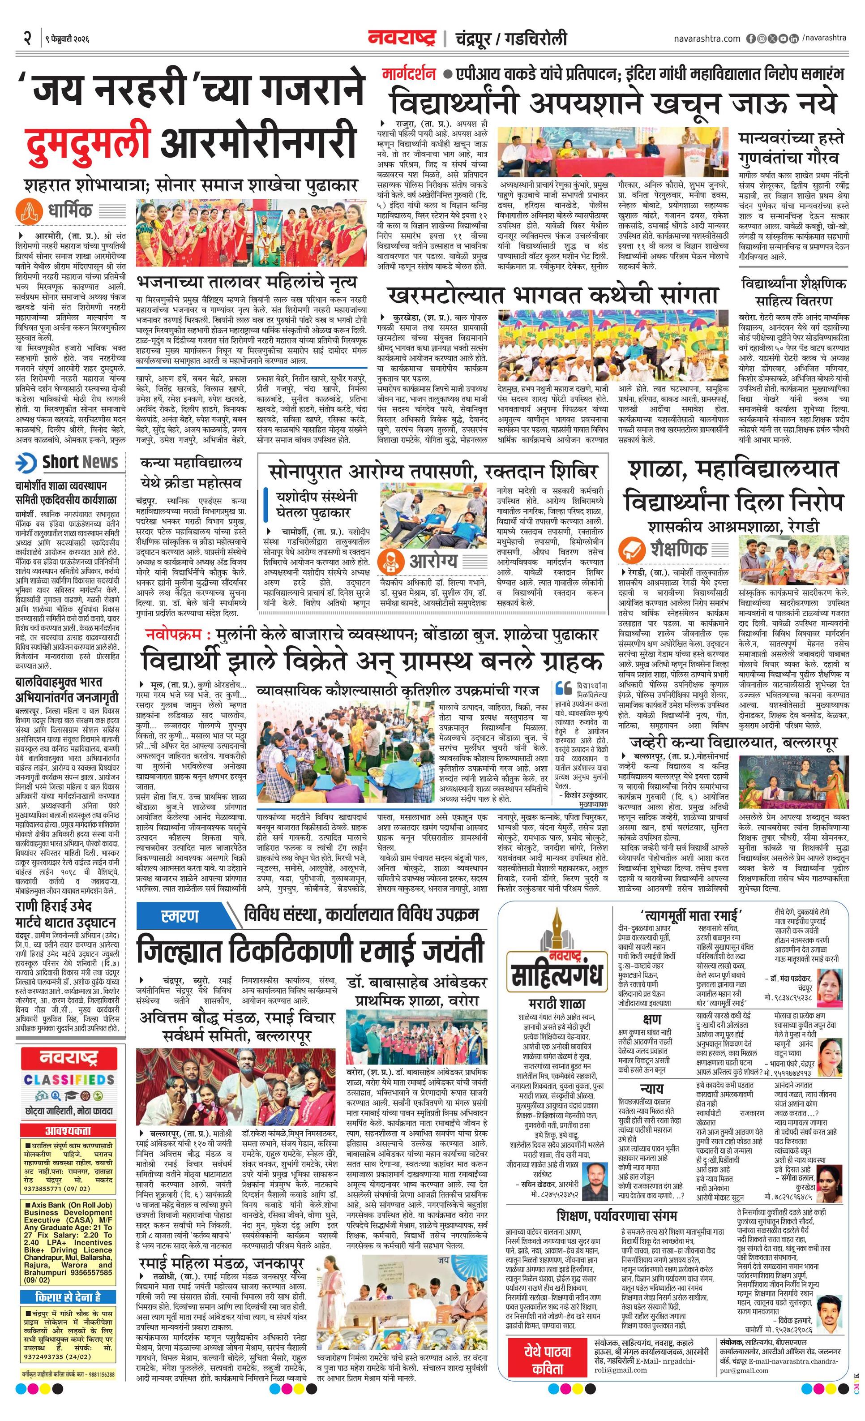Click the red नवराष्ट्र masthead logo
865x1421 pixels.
[x=402, y=38]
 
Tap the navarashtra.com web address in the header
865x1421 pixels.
[x=707, y=39]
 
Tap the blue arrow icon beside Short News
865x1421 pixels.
[x=26, y=463]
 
